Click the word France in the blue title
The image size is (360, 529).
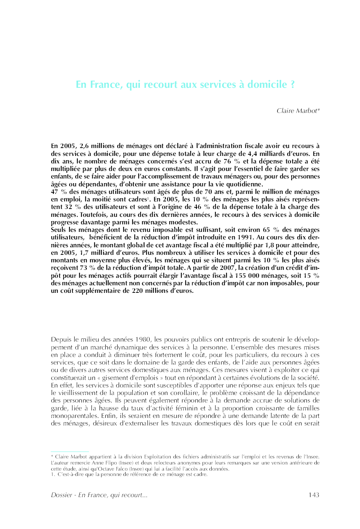[x=105, y=85]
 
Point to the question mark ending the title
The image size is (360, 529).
[x=293, y=85]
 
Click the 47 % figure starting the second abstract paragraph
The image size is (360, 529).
[x=59, y=192]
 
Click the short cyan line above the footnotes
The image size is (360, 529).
[x=70, y=452]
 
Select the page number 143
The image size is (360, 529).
[x=313, y=495]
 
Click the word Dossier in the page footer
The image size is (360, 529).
[x=61, y=495]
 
